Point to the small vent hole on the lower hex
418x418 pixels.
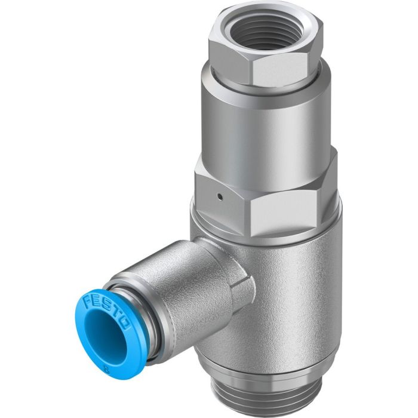[x=220, y=195]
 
